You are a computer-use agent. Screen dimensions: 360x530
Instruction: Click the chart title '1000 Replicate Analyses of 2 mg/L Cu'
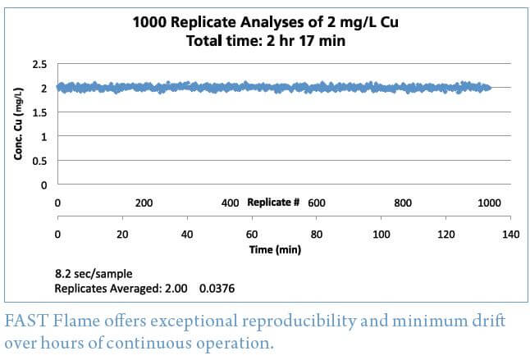[x=264, y=22]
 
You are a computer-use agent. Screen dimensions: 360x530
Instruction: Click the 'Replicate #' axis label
[x=273, y=203]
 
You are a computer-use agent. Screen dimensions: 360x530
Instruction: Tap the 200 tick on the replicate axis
[x=144, y=203]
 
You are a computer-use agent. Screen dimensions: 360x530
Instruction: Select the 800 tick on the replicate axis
[x=403, y=203]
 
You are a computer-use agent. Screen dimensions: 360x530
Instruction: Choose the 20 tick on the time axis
[x=122, y=234]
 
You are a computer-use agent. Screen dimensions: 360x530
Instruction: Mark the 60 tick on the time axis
[x=252, y=234]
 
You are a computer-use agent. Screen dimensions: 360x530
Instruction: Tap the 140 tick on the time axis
[x=510, y=234]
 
